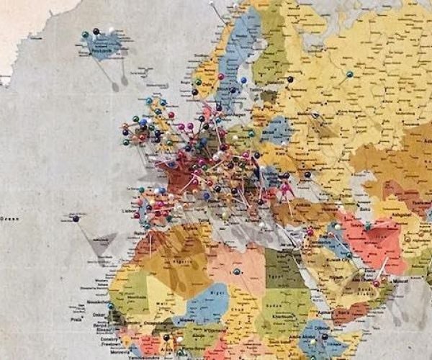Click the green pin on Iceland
pos(86,34)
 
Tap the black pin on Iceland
pos(96,31)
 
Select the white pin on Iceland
pos(111,31)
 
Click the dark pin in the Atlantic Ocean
pos(76,218)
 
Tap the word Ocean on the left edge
pos(9,218)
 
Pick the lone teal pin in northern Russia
pos(349,73)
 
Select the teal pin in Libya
pos(236,271)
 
